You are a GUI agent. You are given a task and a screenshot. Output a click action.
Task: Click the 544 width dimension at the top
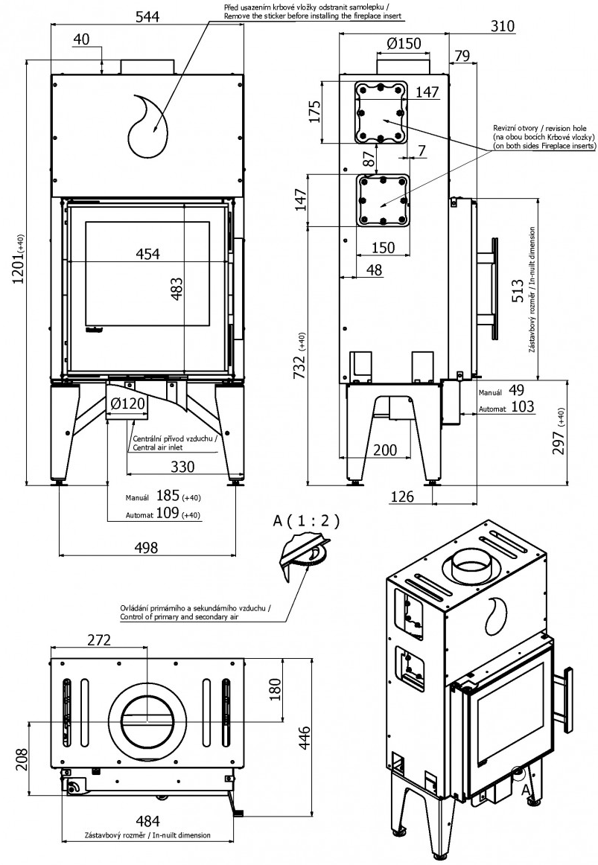point(147,16)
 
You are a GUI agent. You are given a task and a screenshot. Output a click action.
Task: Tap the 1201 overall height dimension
point(19,261)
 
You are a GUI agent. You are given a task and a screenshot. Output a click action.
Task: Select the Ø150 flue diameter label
point(404,43)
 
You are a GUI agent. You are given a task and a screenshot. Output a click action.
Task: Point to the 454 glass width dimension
point(147,253)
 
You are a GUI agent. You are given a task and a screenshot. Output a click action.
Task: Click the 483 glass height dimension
point(176,288)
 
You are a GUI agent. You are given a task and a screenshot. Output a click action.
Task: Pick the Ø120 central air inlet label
point(127,403)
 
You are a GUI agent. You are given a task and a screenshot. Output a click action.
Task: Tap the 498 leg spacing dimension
point(146,547)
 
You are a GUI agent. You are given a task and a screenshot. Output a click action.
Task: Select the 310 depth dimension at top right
point(501,25)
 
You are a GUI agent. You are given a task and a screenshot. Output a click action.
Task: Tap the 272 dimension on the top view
point(99,639)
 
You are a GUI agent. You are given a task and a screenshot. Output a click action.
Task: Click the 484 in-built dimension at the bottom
point(147,821)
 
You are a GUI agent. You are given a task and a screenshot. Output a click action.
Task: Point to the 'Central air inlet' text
point(158,447)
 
